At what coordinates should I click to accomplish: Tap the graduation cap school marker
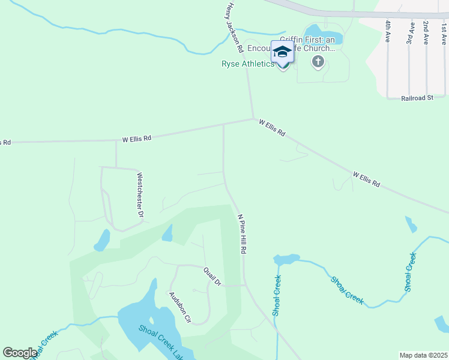(x=283, y=52)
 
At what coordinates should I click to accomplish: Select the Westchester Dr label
(x=140, y=195)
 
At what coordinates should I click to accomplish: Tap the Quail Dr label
(x=212, y=276)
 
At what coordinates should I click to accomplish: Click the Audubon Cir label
(x=179, y=306)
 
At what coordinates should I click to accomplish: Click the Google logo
(x=20, y=353)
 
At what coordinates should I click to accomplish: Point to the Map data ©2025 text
(x=424, y=355)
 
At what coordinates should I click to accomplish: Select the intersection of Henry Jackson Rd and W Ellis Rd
(x=253, y=119)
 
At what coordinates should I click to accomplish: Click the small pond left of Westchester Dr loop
(x=102, y=241)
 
